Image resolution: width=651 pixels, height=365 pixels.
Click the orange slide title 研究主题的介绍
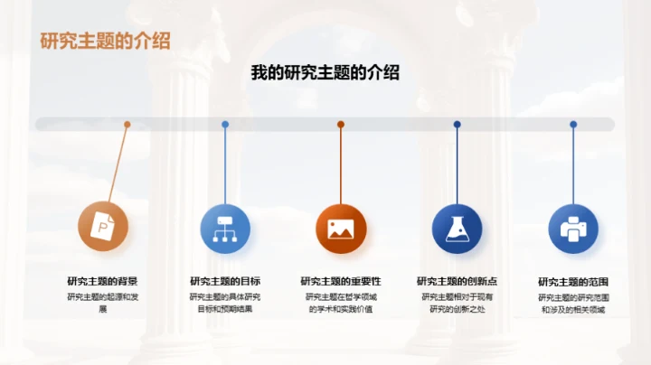point(105,42)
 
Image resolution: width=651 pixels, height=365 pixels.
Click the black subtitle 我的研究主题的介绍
point(325,73)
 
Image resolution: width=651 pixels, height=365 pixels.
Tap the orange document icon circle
point(102,227)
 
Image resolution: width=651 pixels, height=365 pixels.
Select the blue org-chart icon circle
point(224,227)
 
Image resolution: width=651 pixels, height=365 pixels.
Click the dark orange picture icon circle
point(340,228)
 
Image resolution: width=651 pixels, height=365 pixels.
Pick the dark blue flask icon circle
point(457,228)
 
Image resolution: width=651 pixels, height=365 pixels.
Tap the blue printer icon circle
point(573,228)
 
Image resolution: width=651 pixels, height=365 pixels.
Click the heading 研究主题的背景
point(102,281)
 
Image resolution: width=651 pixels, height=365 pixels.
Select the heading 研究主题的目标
point(225,281)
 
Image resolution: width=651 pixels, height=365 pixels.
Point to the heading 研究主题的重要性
point(341,281)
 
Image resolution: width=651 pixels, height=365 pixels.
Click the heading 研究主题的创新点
point(457,281)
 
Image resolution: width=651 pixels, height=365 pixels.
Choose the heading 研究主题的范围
point(573,281)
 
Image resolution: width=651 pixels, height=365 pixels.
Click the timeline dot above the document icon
point(127,125)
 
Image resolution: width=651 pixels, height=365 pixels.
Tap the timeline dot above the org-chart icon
point(225,125)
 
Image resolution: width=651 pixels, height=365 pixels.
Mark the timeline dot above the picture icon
point(341,125)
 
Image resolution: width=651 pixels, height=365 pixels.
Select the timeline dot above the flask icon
point(458,125)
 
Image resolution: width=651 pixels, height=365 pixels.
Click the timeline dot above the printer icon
point(573,125)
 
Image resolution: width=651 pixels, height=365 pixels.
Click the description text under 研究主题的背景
point(102,303)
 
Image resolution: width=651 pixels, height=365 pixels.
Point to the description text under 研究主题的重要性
point(341,303)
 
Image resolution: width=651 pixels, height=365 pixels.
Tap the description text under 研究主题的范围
point(573,303)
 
